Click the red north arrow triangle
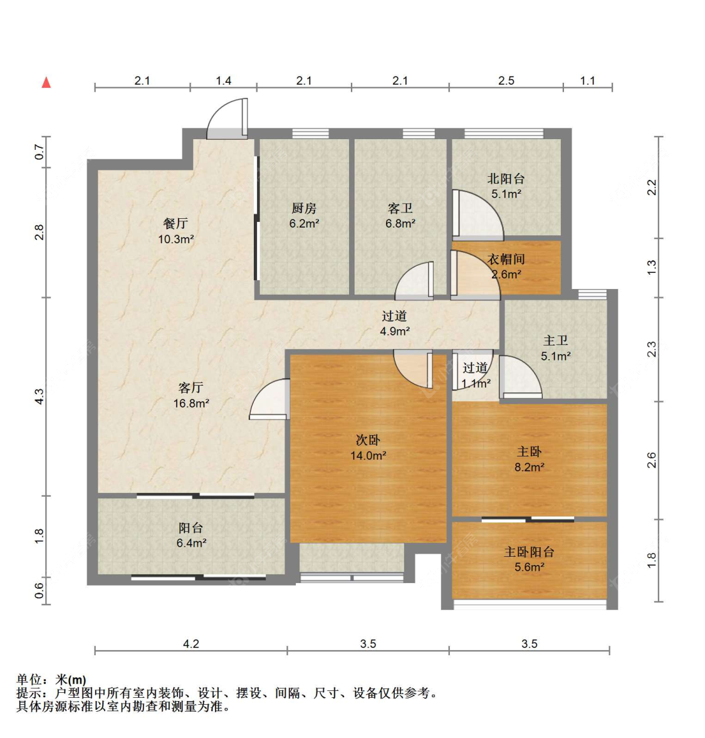(46, 82)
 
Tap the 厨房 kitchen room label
(304, 208)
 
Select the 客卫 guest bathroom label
(400, 208)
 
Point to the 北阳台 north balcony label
(506, 178)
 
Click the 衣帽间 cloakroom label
(506, 259)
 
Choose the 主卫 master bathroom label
(555, 340)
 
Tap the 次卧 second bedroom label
(368, 440)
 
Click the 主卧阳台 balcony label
(529, 552)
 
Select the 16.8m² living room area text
(191, 403)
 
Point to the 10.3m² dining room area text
(176, 239)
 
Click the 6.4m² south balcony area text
(191, 543)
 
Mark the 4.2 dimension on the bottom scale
(191, 643)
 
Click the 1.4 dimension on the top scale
(223, 80)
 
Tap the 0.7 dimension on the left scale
(39, 152)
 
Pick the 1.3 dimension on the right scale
(651, 268)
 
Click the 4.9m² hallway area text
(395, 331)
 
